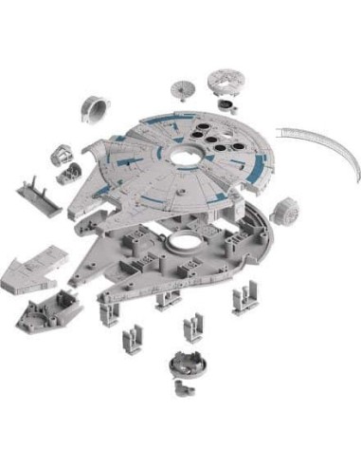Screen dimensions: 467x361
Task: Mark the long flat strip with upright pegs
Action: tap(39, 196)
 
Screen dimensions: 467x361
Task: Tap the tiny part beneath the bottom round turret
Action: tap(179, 386)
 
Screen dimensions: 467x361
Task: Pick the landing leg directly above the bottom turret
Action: tap(193, 329)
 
